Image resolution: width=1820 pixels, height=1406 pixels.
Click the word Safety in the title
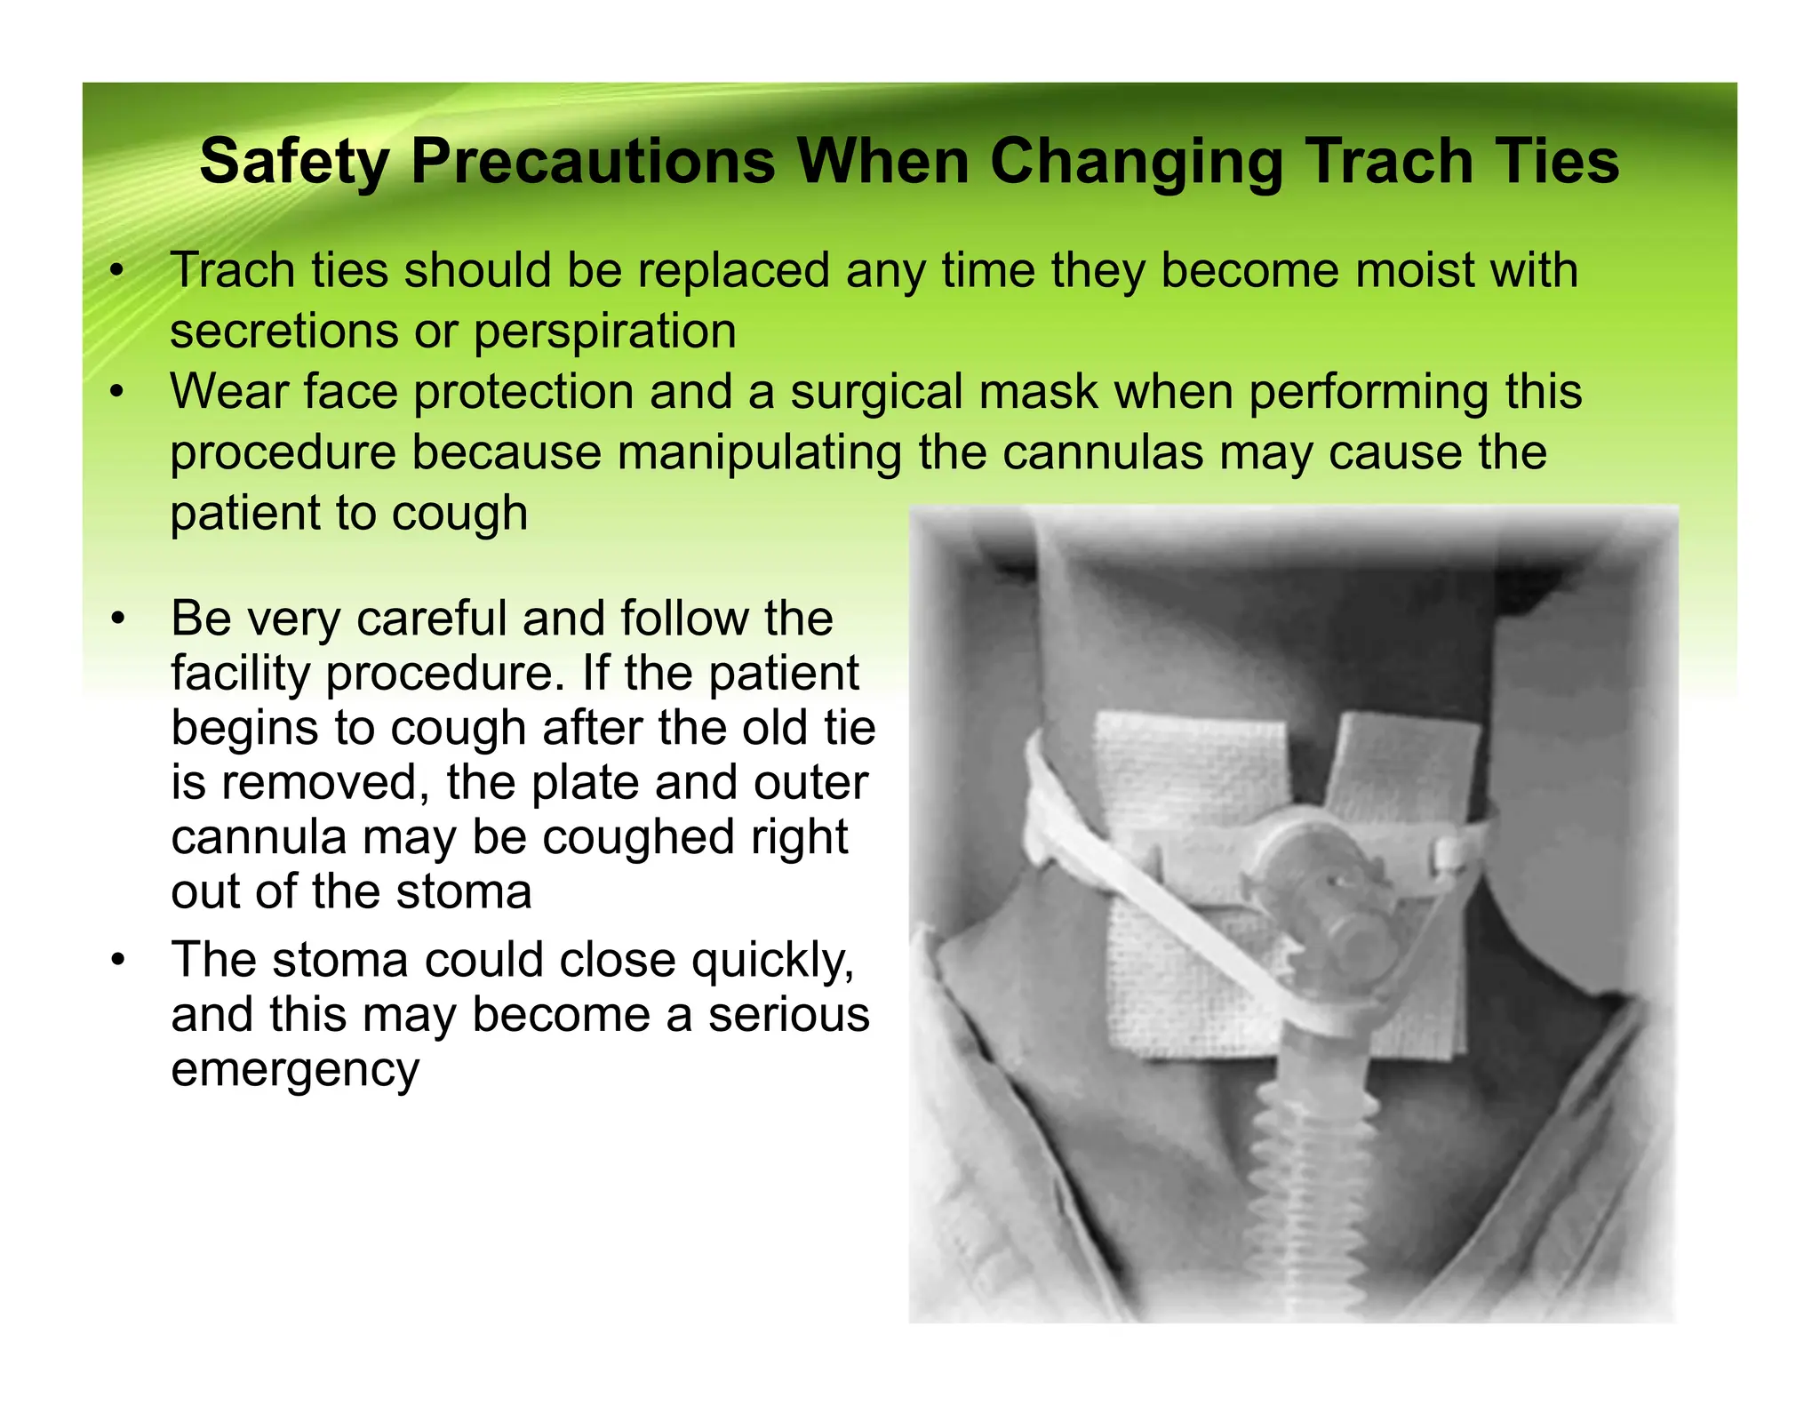[294, 163]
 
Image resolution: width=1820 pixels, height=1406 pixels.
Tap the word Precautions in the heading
[593, 163]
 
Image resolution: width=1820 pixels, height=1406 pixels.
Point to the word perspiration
[604, 332]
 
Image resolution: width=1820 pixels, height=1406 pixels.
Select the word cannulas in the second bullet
[1103, 452]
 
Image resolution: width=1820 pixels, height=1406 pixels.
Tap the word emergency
[295, 1070]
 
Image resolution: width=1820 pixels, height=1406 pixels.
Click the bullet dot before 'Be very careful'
[117, 619]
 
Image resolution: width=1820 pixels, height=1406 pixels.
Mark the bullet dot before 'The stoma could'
[117, 961]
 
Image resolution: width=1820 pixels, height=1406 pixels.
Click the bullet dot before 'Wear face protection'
[117, 392]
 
